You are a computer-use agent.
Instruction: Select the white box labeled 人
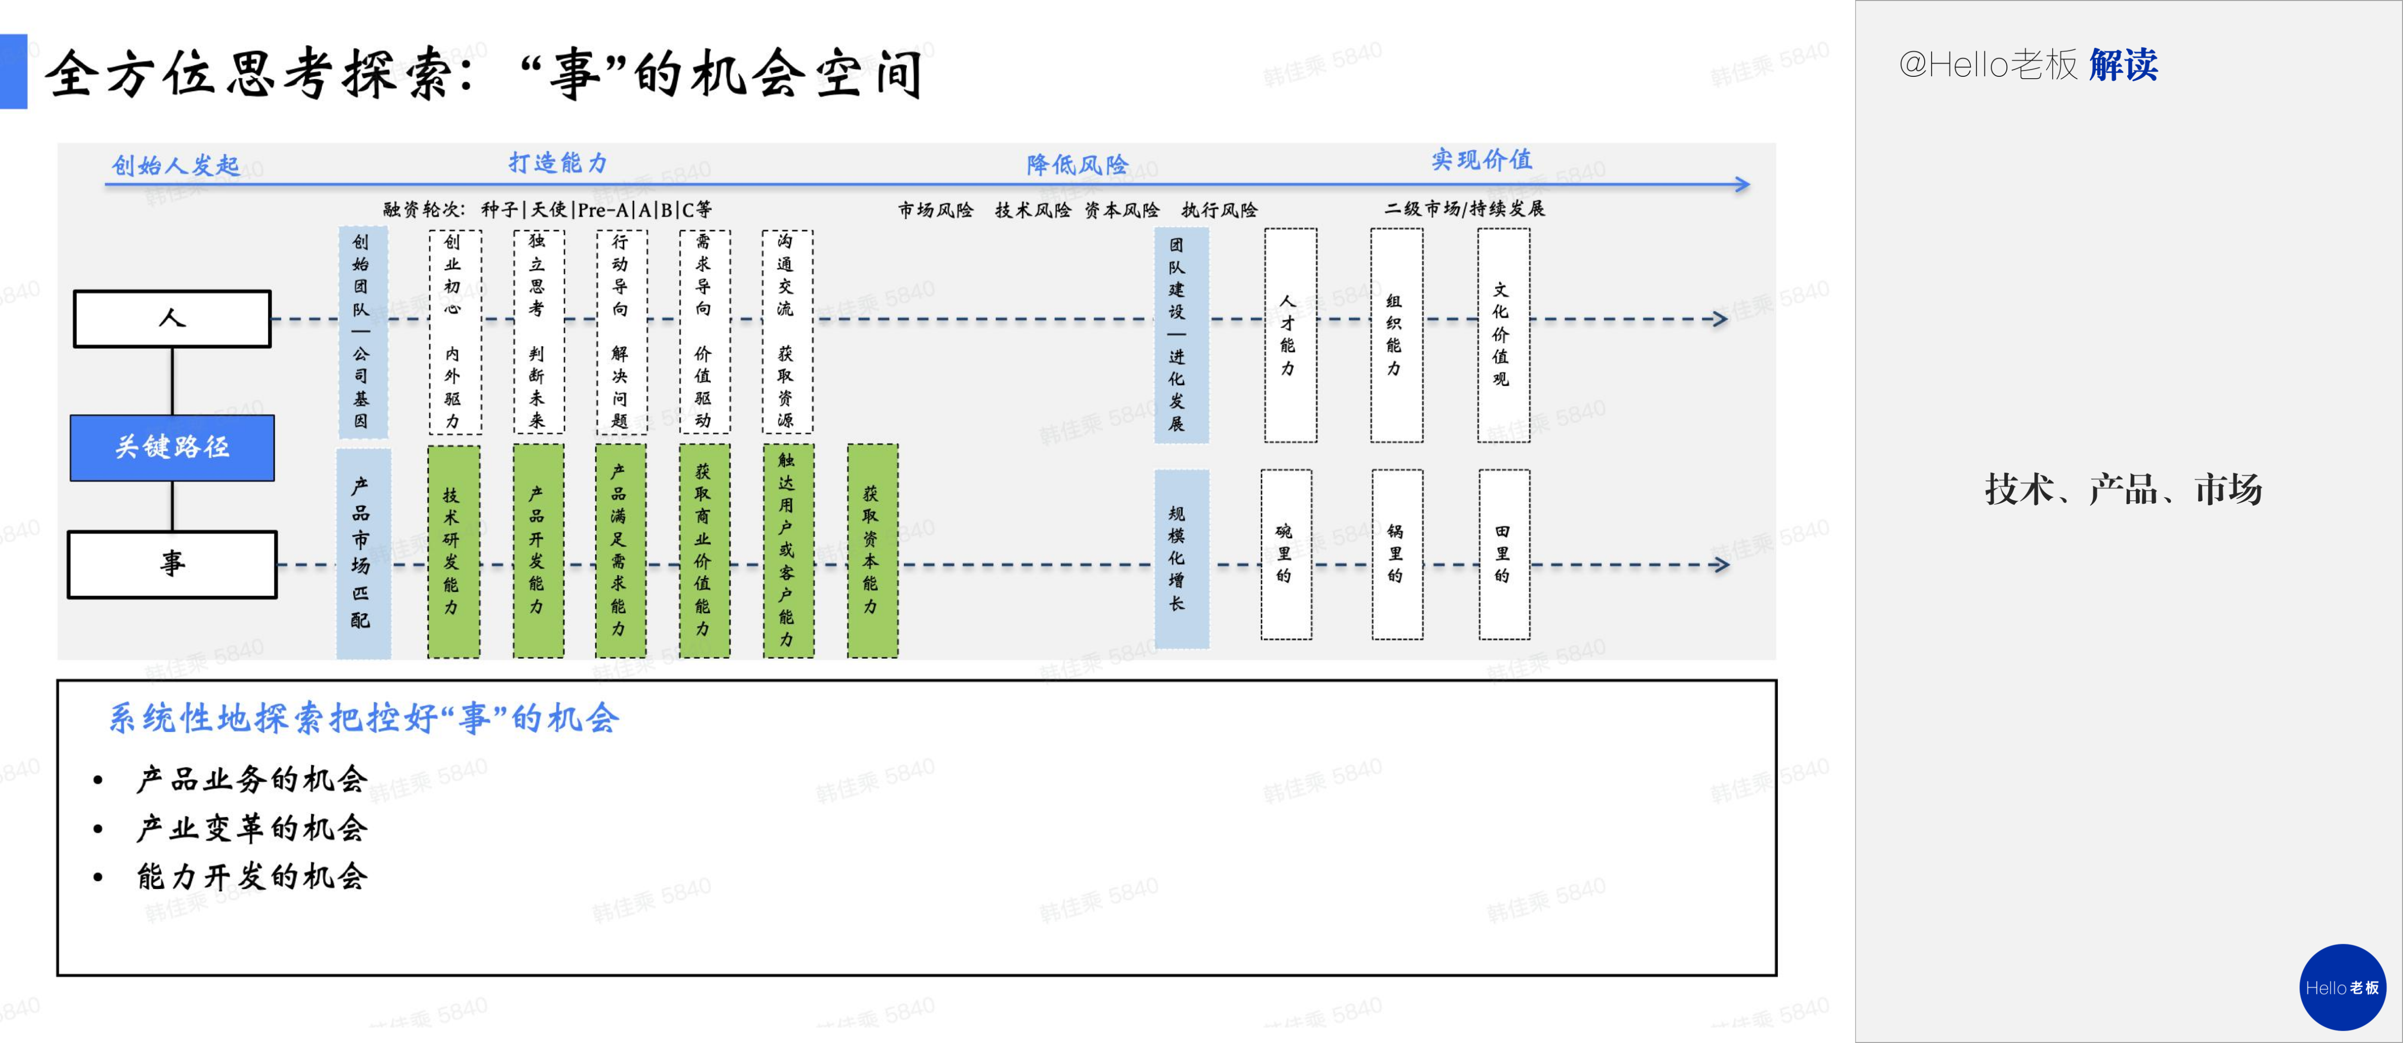click(x=173, y=319)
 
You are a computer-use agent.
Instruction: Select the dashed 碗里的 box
click(x=1285, y=554)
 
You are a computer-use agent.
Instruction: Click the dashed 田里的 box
click(x=1503, y=554)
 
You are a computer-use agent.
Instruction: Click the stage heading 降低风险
click(x=1078, y=165)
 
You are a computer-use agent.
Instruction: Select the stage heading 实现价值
click(x=1482, y=159)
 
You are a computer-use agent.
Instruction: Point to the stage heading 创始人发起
click(x=176, y=166)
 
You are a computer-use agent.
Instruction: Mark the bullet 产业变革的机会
click(x=252, y=827)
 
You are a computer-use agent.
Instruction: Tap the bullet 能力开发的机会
click(x=252, y=876)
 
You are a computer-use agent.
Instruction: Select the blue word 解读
click(x=2123, y=65)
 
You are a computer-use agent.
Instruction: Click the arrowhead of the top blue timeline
click(x=1741, y=185)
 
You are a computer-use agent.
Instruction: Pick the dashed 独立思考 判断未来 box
click(x=538, y=332)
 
